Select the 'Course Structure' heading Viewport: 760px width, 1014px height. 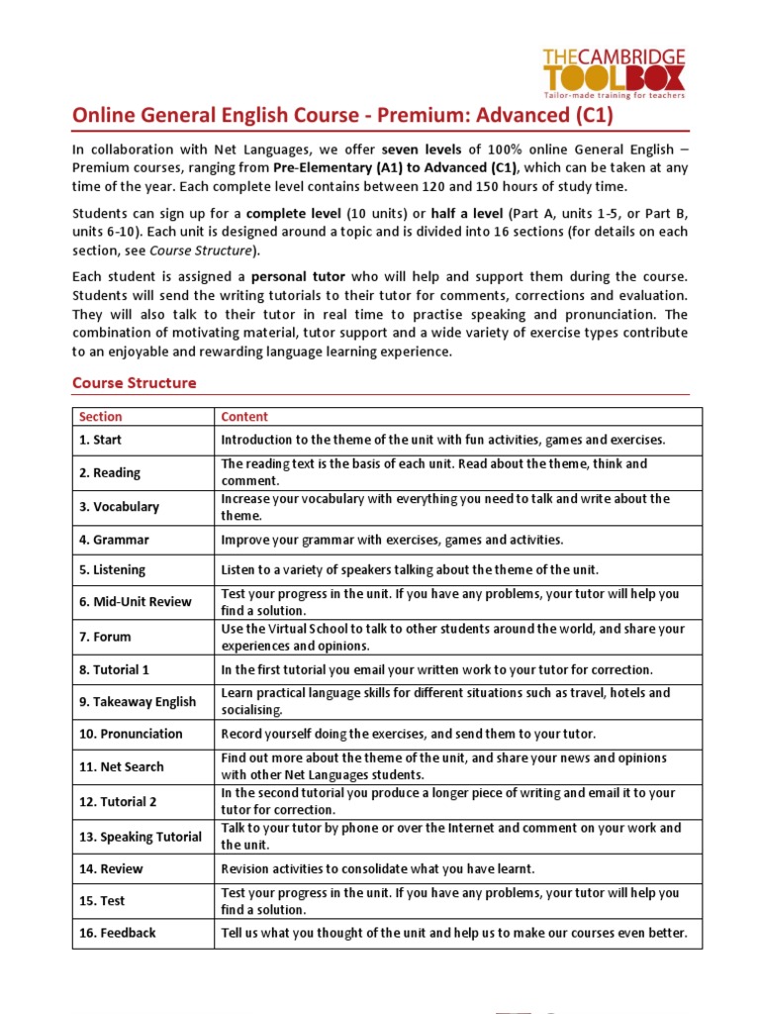point(135,382)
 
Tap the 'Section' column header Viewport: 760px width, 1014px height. point(101,417)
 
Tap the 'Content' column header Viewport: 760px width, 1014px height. point(244,417)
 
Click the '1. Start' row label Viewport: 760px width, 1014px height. point(101,440)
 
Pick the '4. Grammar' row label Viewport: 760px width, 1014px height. point(114,541)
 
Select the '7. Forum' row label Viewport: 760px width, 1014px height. point(105,637)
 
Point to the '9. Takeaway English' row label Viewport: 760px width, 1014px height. point(138,702)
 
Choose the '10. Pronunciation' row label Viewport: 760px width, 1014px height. point(131,734)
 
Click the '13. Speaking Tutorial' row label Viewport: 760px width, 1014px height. point(141,837)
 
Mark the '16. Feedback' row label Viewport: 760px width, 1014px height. point(118,933)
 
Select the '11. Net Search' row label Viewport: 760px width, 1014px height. point(122,766)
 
